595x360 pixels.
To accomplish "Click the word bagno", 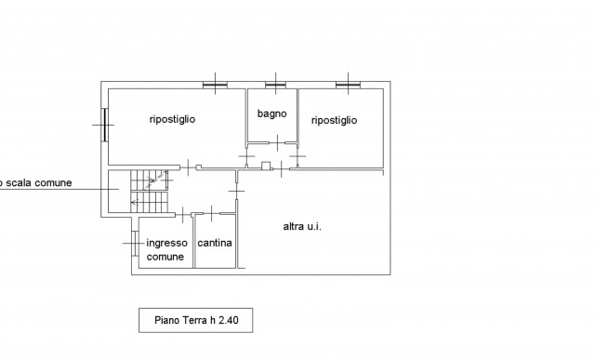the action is coord(271,113).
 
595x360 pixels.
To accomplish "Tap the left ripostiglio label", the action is coord(172,119).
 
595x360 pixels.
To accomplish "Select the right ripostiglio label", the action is coord(334,120).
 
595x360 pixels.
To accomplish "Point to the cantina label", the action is coord(215,243).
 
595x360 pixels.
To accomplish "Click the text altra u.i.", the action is coord(302,226).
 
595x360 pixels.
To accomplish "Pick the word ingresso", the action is coord(167,243).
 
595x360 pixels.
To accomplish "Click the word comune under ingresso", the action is coord(165,257).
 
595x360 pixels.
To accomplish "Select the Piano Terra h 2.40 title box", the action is coord(196,320).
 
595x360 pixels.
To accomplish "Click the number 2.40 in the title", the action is coord(229,320).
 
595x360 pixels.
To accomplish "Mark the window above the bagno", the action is coord(275,85).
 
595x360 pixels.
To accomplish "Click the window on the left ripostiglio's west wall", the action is coord(104,125).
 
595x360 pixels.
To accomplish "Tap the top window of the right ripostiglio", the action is coord(348,85).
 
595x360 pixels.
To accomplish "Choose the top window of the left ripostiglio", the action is coord(215,85).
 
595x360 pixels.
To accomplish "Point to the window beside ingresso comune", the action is coord(135,243).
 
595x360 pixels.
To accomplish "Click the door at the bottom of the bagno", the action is coord(277,142).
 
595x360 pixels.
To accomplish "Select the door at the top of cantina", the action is coord(211,214).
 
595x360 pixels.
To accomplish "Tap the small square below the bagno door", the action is coord(266,166).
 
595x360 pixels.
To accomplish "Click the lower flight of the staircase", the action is coord(149,202).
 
